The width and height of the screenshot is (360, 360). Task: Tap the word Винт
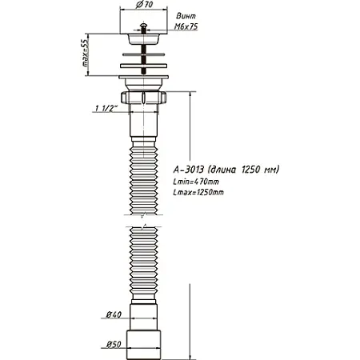(182, 14)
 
